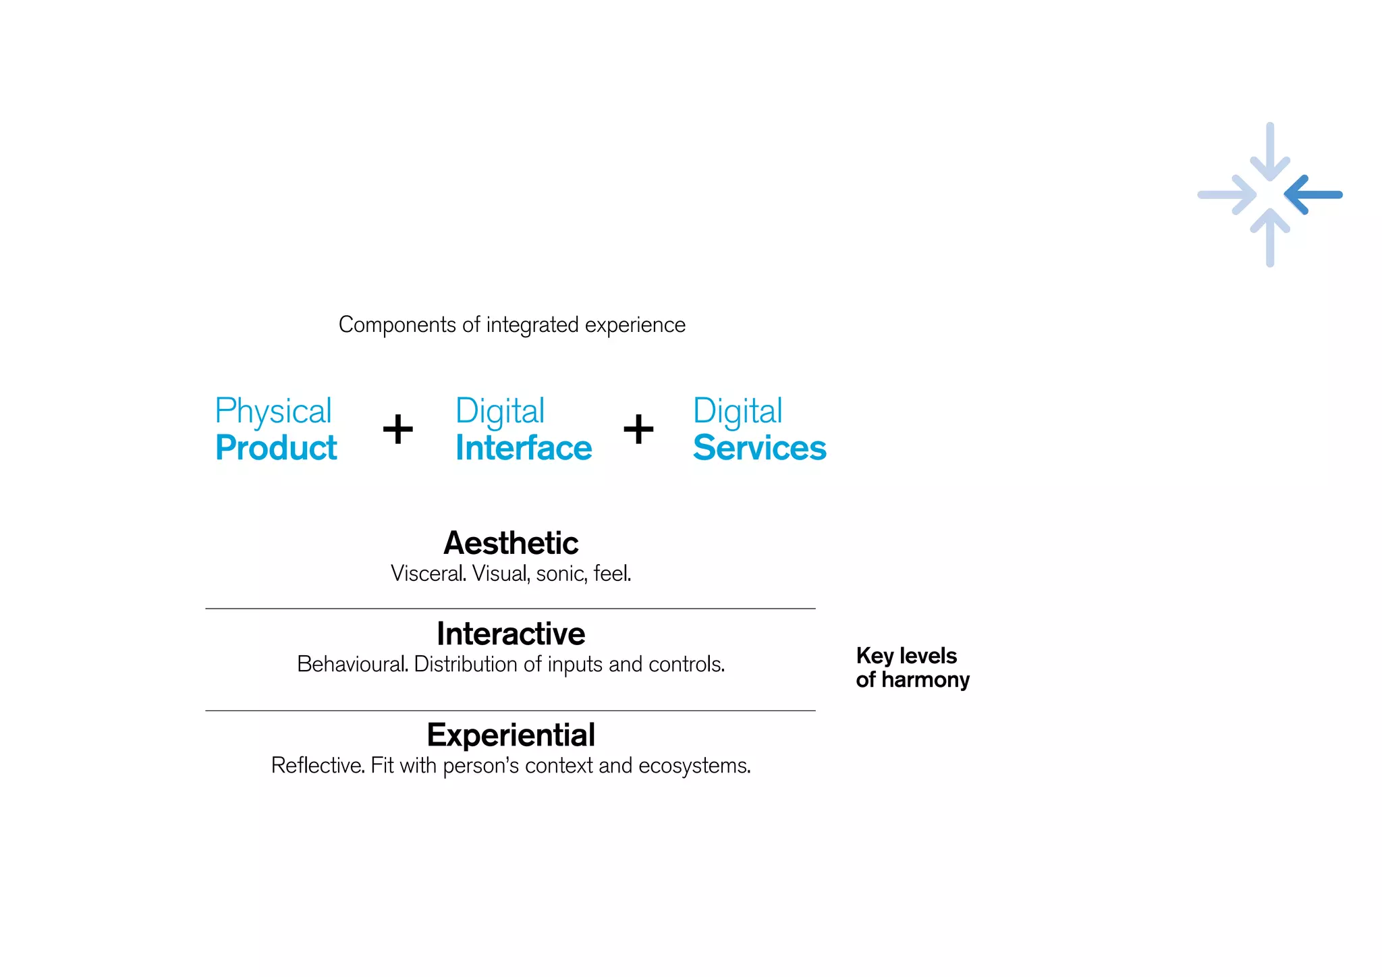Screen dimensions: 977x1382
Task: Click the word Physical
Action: (x=273, y=412)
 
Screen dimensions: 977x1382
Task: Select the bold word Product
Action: (x=276, y=448)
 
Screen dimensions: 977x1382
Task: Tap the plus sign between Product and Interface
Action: (x=398, y=429)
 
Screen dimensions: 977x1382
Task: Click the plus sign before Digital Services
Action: (x=638, y=429)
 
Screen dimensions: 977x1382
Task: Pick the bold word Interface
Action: (x=524, y=448)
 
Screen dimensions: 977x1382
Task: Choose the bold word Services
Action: (x=759, y=448)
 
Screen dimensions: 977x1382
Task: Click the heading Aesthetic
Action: (x=511, y=543)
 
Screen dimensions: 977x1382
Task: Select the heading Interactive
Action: (x=511, y=634)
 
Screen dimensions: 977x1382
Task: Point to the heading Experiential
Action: (x=511, y=735)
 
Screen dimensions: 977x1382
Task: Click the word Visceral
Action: (x=428, y=574)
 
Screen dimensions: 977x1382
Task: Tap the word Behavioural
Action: (x=352, y=665)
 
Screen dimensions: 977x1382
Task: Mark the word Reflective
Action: (x=318, y=766)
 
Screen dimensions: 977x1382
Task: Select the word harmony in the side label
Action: (x=925, y=681)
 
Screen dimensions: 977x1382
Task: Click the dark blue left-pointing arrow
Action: (x=1313, y=195)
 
